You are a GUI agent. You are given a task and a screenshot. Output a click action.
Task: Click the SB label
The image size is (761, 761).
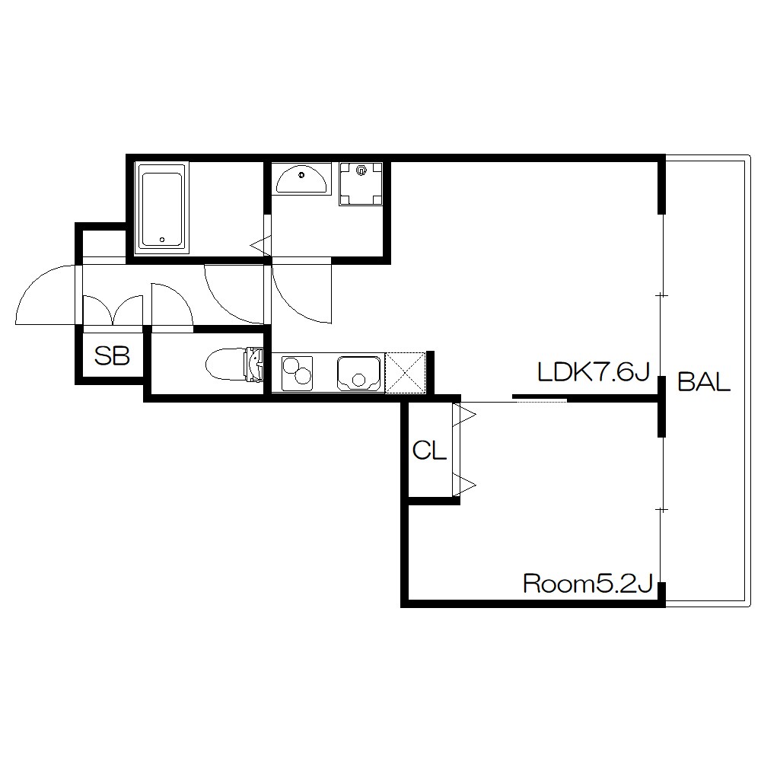coord(112,356)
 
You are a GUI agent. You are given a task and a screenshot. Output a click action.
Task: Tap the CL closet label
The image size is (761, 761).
coord(429,451)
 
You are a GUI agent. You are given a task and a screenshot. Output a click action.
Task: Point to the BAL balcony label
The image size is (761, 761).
coord(704,382)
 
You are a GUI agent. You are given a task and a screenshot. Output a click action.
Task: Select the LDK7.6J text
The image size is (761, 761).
coord(594,372)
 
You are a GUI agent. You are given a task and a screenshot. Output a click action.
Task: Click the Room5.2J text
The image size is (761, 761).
coord(587,584)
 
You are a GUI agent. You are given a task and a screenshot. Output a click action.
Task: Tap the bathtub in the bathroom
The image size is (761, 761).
coord(162,209)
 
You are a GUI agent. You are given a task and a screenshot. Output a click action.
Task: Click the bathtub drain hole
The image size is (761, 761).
coord(162,239)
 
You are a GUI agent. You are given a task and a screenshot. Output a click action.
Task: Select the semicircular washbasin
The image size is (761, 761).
coord(301,179)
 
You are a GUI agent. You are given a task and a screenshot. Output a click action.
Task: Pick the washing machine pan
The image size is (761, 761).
coord(361,184)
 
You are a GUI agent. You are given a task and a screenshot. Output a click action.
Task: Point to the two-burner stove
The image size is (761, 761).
coord(297,372)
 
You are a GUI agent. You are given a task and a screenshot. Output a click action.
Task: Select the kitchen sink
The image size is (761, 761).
coord(359,373)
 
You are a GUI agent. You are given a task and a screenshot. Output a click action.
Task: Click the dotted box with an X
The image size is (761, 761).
coord(406,372)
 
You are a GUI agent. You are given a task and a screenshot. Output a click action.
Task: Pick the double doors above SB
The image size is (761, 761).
coord(113,310)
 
